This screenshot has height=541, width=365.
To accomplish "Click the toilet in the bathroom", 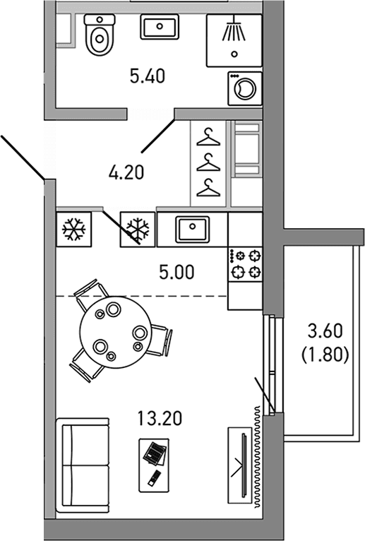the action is click(x=100, y=35).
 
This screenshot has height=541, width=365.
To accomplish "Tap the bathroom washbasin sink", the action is click(x=160, y=27).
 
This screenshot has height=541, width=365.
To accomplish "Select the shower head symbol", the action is click(x=234, y=28).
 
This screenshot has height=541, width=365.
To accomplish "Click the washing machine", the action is click(x=245, y=88).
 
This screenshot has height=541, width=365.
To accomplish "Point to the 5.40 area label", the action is click(x=148, y=76).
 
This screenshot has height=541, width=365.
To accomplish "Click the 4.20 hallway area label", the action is click(x=126, y=172).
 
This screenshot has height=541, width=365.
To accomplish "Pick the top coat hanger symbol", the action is click(x=208, y=137).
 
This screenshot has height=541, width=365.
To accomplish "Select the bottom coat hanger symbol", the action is click(x=208, y=188).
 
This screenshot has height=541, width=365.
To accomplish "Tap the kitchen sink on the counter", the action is click(x=193, y=229).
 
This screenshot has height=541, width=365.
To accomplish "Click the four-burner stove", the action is click(x=245, y=264).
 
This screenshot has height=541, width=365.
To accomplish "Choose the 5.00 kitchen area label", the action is click(x=176, y=272).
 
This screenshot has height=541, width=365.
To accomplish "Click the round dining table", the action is click(x=115, y=332).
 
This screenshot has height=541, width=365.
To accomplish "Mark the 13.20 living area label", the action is click(x=160, y=418).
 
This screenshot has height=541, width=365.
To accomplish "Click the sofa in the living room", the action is click(x=83, y=465).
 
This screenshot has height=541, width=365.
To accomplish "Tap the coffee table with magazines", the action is click(x=154, y=465).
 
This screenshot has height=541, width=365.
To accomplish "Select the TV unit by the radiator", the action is click(x=240, y=465).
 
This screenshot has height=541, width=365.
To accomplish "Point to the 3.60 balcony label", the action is click(x=325, y=331).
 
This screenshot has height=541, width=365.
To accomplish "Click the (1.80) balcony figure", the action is click(x=325, y=355).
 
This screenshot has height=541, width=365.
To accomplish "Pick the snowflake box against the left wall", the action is click(x=74, y=229).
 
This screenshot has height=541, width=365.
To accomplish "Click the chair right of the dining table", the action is click(x=160, y=340).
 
